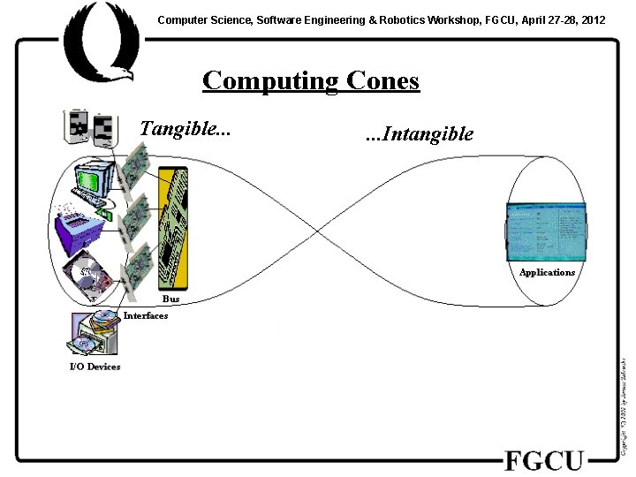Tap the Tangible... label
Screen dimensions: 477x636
pyautogui.click(x=185, y=129)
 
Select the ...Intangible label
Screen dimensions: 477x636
pyautogui.click(x=419, y=134)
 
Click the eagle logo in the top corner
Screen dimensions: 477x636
pyautogui.click(x=97, y=40)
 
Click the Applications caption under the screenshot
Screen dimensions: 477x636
pyautogui.click(x=547, y=272)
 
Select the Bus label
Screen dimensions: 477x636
pyautogui.click(x=171, y=299)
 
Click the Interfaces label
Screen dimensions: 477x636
pyautogui.click(x=146, y=315)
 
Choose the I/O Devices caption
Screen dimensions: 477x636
pyautogui.click(x=95, y=367)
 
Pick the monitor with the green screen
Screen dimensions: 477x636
pyautogui.click(x=94, y=180)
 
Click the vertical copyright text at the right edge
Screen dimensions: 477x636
pyautogui.click(x=624, y=406)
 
